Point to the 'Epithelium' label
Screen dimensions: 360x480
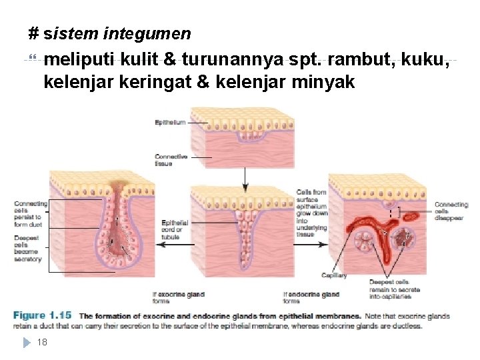tap(171, 122)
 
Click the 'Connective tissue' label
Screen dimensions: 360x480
tap(171, 160)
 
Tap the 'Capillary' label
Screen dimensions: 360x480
tap(334, 275)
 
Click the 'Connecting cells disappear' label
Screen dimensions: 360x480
tap(451, 211)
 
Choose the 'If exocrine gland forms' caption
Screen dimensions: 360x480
tap(179, 297)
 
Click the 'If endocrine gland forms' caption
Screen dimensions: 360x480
tap(311, 297)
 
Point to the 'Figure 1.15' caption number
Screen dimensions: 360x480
tap(42, 315)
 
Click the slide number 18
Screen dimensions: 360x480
tap(42, 342)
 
